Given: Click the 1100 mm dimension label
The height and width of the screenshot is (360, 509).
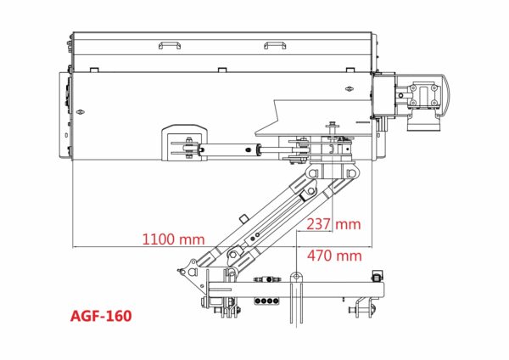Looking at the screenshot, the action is tap(174, 239).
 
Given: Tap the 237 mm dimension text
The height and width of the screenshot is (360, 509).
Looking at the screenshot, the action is tap(333, 224).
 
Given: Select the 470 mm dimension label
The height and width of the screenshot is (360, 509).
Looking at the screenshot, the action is tap(334, 256).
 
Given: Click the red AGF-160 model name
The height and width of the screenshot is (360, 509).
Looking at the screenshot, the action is tap(101, 316).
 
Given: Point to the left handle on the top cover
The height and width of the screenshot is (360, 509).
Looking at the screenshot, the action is tap(170, 45).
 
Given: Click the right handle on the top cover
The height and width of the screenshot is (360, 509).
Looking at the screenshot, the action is tap(275, 45).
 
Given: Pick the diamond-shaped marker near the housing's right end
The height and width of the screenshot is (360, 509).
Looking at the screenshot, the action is tap(350, 88).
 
